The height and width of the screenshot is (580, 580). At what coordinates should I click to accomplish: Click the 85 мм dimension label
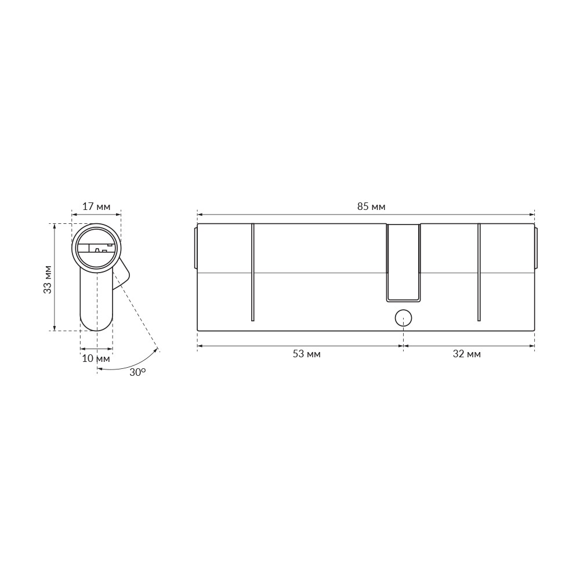coord(371,206)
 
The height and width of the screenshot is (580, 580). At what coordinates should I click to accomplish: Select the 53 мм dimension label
coord(306,354)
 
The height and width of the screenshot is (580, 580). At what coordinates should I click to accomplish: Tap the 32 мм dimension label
coord(466,354)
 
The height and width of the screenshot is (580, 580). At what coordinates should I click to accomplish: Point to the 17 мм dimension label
coord(96,206)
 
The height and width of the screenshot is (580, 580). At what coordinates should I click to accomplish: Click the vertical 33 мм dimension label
coord(48,279)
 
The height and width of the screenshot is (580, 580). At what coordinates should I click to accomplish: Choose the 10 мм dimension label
coord(96,358)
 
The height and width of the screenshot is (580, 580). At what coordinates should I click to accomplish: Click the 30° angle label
coord(137,372)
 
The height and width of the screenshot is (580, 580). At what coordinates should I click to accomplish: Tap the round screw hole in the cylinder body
coord(403,318)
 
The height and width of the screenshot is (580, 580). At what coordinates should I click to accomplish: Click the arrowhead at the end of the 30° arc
coord(156,350)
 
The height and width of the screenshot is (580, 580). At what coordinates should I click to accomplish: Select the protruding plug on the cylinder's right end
coord(536,248)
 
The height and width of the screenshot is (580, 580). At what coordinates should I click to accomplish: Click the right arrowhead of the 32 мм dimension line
coord(532,346)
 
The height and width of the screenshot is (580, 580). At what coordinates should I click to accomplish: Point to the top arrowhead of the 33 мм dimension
coord(54,226)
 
